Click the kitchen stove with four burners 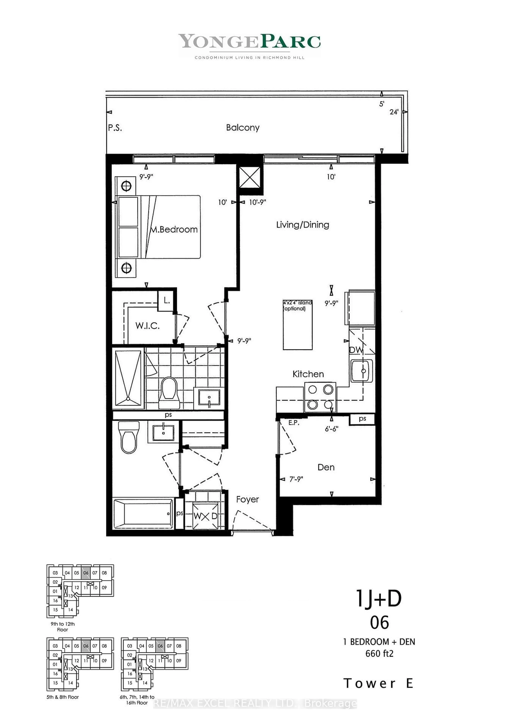pyautogui.click(x=320, y=397)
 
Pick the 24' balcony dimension pyautogui.click(x=394, y=112)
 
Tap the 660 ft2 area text pyautogui.click(x=379, y=653)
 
